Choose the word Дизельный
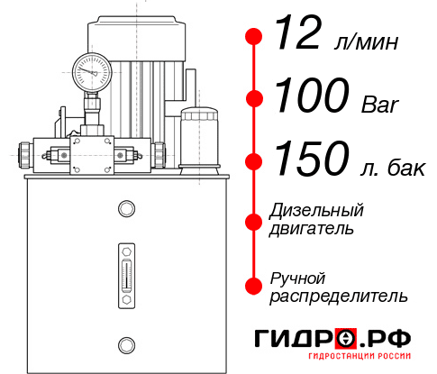317,211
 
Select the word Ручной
298,277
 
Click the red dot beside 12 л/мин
254,37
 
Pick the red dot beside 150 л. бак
254,161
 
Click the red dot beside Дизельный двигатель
254,220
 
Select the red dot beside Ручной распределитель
254,286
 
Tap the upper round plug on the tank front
125,209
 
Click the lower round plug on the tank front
125,343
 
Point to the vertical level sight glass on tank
125,272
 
